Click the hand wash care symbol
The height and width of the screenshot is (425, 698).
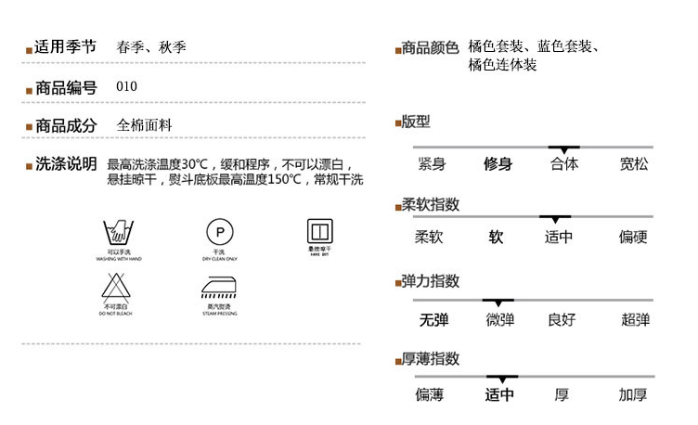click(118, 233)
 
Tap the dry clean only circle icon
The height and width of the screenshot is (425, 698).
click(220, 231)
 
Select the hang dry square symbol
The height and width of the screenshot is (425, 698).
click(319, 230)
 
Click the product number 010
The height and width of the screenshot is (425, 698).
click(127, 87)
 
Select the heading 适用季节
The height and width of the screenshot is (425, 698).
click(65, 47)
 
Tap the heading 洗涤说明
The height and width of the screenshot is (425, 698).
click(65, 164)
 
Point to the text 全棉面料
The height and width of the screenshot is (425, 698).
click(145, 124)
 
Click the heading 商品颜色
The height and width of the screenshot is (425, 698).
click(430, 47)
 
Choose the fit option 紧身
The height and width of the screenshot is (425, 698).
click(432, 164)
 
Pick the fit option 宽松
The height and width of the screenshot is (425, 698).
click(634, 164)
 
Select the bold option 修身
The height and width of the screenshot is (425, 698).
click(498, 164)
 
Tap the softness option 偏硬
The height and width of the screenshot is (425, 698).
click(633, 238)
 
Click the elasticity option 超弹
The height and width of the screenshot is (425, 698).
click(635, 320)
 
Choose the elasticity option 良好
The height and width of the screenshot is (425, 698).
click(562, 320)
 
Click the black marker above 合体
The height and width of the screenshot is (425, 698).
click(563, 148)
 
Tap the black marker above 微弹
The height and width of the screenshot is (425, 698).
click(498, 302)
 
